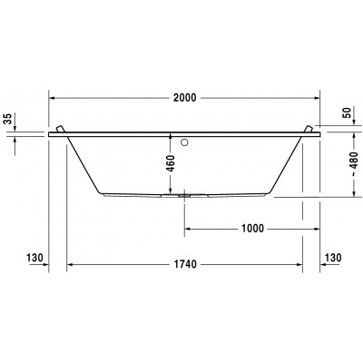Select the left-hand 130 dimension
tap(35, 259)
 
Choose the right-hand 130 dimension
tap(332, 259)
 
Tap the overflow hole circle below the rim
tap(185, 142)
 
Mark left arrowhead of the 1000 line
tap(189, 229)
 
